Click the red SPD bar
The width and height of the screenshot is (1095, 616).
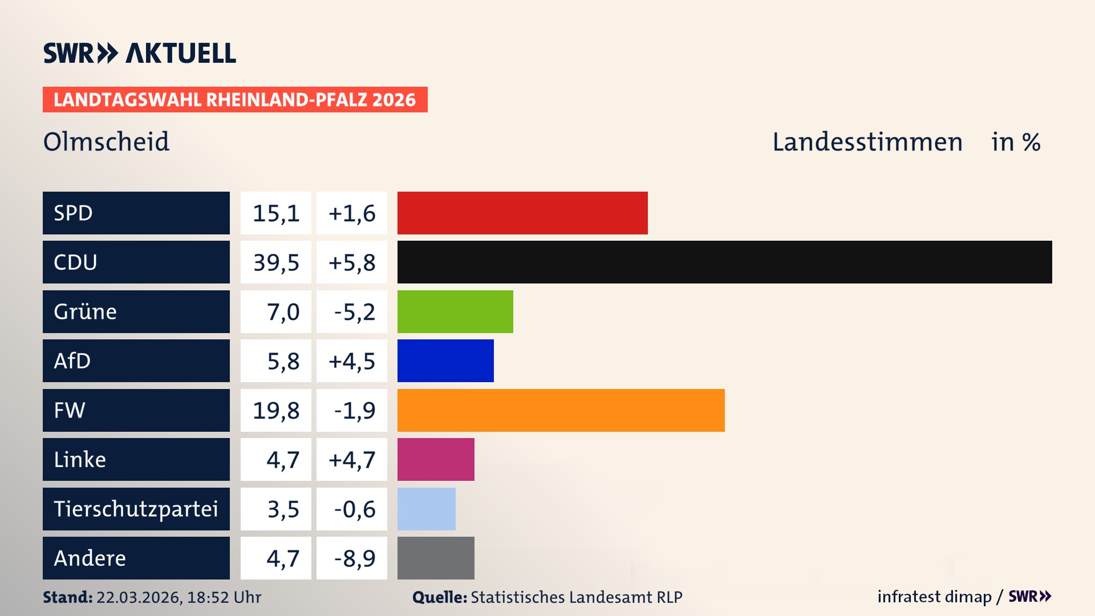522,213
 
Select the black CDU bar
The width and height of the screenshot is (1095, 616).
724,262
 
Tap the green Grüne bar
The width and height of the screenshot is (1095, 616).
455,311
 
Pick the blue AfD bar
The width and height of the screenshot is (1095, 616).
445,360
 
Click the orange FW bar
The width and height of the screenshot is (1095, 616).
561,410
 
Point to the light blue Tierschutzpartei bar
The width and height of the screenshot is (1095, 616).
426,509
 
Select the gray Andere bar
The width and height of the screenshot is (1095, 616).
436,558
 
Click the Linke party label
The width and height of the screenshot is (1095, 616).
80,459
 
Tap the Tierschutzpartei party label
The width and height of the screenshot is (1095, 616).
136,509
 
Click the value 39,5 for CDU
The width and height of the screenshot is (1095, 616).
276,262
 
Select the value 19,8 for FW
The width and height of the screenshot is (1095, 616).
276,410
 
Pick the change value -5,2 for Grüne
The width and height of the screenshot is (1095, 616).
354,312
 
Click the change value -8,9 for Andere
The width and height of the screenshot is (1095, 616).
354,558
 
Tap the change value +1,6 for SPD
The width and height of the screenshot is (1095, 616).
352,213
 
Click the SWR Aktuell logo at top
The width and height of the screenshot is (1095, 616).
139,53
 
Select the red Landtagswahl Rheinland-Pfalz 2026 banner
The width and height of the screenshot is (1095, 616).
234,100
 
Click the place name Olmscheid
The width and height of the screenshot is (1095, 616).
106,141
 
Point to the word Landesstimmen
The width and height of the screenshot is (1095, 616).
867,142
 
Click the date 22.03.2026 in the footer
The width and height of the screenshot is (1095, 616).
139,597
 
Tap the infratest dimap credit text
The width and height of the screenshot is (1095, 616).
934,597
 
